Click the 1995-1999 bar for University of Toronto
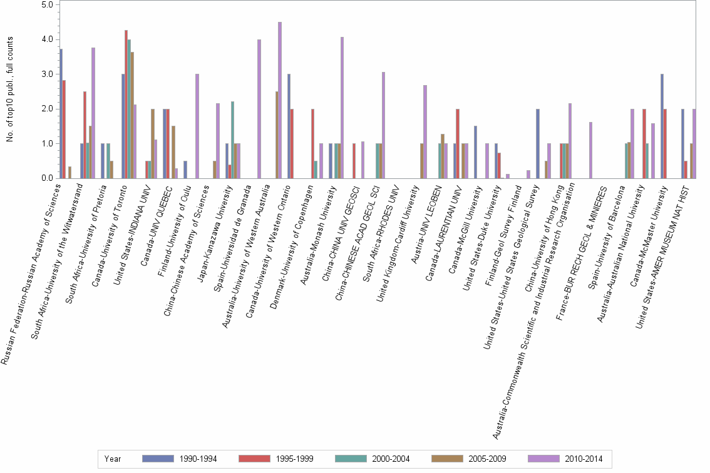click(126, 104)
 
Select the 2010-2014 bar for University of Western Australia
click(280, 100)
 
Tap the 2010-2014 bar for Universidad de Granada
click(259, 109)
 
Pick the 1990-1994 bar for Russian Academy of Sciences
click(61, 113)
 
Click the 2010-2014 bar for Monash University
click(342, 108)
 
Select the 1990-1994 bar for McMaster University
click(662, 126)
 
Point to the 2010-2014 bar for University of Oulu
click(197, 126)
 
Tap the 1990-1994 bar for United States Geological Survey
click(538, 143)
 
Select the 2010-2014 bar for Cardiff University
click(425, 131)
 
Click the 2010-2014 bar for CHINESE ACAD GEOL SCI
click(384, 125)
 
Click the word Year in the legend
click(113, 459)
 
